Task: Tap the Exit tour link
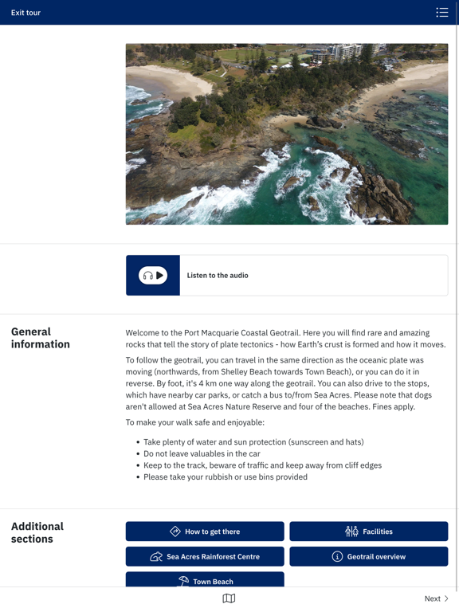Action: (x=25, y=13)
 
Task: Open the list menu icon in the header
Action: (x=442, y=12)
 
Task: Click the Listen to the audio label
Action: (x=218, y=276)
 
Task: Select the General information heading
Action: (x=41, y=338)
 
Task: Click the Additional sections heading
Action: (x=37, y=532)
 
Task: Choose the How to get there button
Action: (x=205, y=532)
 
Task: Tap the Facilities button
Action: (x=368, y=532)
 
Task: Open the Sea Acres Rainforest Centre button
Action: (x=205, y=556)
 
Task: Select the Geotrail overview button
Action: (x=368, y=556)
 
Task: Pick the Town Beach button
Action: (x=205, y=580)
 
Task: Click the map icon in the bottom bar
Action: (x=229, y=598)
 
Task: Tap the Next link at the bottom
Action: (x=436, y=598)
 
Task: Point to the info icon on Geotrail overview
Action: (x=337, y=556)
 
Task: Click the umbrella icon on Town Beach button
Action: (x=183, y=581)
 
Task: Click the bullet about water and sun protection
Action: (x=253, y=442)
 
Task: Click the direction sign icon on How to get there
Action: (x=175, y=532)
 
